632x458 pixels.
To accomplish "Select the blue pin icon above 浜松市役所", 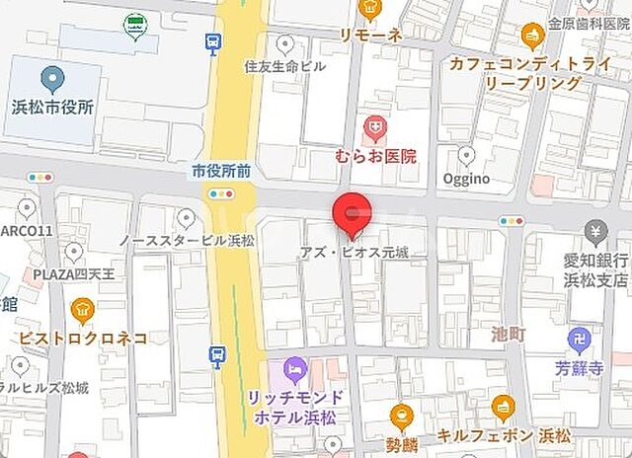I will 53,78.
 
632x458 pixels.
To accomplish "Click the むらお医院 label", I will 376,156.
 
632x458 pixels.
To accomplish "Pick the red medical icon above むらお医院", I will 373,126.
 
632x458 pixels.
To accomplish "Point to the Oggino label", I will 465,179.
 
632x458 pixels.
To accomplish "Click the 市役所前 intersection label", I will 221,171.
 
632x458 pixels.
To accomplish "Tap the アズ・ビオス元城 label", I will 355,253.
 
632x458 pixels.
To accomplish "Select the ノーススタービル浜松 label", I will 186,240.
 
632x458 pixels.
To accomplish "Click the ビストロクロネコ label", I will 83,338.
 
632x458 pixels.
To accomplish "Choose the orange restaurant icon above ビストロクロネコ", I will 83,313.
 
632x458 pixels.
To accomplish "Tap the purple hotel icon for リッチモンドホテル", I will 294,371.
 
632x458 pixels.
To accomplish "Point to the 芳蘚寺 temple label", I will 579,368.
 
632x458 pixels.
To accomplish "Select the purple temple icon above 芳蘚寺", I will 579,342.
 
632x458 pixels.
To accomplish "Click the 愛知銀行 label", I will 595,260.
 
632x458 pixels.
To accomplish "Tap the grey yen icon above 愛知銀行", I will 595,233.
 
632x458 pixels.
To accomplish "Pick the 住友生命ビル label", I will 283,66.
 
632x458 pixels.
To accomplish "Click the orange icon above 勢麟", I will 400,416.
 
